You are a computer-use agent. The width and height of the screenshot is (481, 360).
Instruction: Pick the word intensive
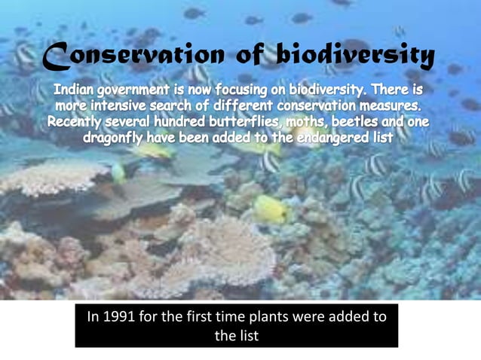coord(124,107)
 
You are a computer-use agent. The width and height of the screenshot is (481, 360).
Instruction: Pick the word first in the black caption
coord(199,317)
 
